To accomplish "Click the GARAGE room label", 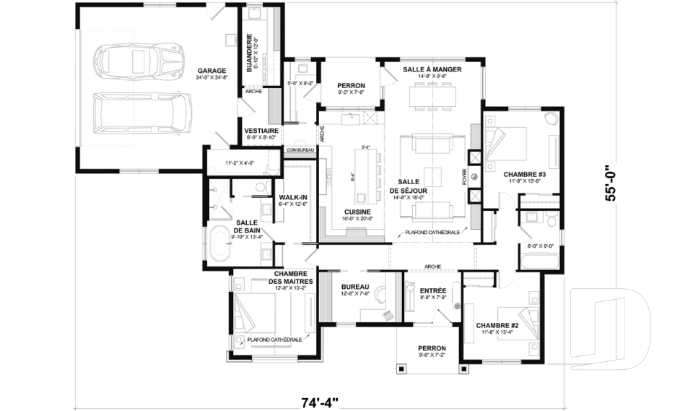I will click(212, 72).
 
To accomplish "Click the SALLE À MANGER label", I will click(432, 69).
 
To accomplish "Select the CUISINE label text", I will click(357, 212).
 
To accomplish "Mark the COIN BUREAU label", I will click(299, 150).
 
